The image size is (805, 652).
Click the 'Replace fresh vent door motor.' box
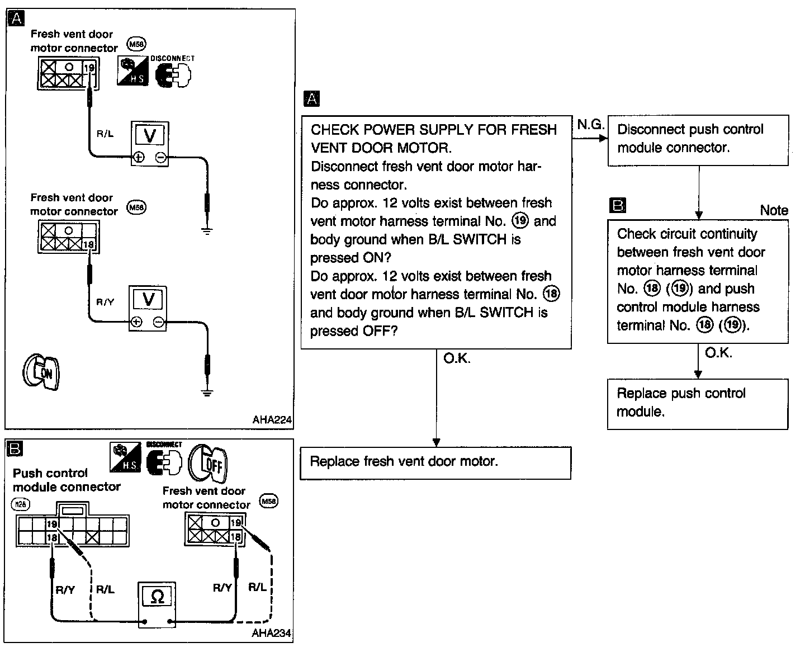coord(435,462)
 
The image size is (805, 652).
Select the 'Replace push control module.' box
coord(697,403)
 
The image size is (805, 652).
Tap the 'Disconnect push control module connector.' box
coord(698,139)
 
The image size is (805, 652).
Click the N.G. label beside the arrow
coord(591,125)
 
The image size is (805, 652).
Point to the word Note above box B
coord(774,210)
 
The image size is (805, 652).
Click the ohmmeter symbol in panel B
coord(157,597)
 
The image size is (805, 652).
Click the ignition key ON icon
coord(41,372)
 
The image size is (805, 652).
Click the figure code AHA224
coord(272,420)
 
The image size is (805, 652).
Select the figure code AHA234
coord(272,634)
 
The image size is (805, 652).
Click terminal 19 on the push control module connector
coord(53,525)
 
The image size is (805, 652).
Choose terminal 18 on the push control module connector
coord(53,537)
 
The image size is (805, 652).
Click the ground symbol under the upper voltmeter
coord(207,230)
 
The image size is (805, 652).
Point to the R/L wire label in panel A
coord(105,134)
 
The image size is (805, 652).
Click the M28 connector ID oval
coord(20,504)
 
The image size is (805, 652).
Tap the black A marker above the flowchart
coord(311,99)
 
